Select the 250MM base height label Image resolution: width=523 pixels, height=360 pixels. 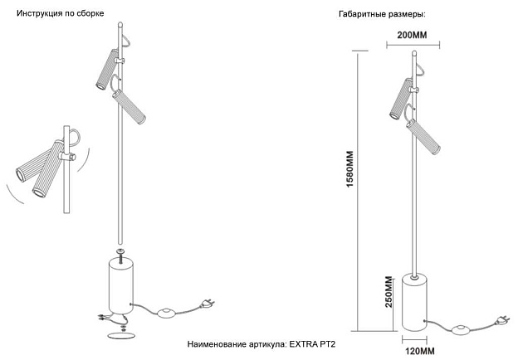pos(387,291)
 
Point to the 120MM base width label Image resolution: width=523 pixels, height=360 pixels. pos(418,352)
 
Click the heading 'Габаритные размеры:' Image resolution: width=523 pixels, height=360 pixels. pos(382,16)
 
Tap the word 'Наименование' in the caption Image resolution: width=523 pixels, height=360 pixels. pos(218,342)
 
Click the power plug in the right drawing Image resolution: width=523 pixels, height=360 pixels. pos(501,319)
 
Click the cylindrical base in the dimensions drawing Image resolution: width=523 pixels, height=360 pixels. pos(417,304)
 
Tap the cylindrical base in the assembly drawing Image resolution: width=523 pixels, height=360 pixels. pos(121,287)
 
